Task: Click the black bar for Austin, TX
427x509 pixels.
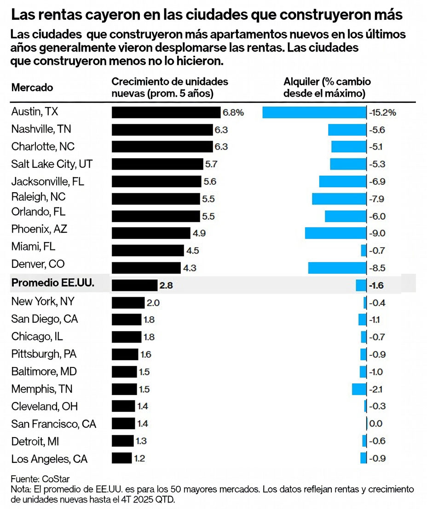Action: (166, 112)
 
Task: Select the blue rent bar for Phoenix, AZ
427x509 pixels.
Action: (335, 233)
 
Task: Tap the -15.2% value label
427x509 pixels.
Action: (382, 112)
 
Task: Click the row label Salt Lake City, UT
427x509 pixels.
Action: (54, 164)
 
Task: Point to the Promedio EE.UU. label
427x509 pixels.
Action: (53, 284)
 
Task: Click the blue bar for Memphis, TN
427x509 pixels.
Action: (359, 389)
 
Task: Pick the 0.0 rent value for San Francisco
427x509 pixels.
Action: (376, 423)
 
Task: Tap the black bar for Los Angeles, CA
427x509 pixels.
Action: (121, 458)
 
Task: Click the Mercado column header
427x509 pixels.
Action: (32, 88)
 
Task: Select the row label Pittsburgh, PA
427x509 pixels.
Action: (44, 354)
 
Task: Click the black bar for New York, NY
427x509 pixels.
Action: (128, 303)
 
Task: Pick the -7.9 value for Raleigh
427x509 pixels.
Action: (377, 199)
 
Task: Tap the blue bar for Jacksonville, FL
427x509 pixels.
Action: (343, 181)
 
